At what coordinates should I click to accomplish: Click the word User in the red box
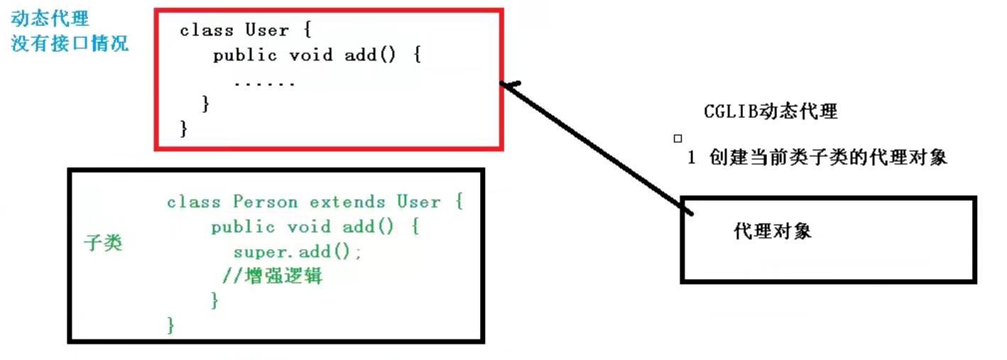tap(267, 31)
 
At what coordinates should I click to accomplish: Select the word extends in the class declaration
tap(347, 202)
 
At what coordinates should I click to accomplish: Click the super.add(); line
tap(298, 252)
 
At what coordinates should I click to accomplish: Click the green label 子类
tap(103, 243)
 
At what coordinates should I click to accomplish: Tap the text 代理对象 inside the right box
tap(772, 231)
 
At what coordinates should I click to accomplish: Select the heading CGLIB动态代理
tap(771, 111)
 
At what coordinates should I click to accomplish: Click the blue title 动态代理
tap(50, 19)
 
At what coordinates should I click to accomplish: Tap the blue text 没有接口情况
tap(70, 43)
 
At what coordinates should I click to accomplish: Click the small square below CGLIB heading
tap(677, 138)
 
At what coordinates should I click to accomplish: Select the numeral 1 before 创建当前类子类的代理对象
tap(691, 158)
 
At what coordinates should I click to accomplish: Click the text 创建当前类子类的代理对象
tap(828, 158)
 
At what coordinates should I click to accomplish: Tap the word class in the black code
tap(206, 31)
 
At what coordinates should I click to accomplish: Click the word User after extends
tap(418, 202)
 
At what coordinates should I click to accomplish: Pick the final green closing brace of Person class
tap(170, 325)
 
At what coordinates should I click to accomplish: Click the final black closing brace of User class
tap(184, 129)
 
